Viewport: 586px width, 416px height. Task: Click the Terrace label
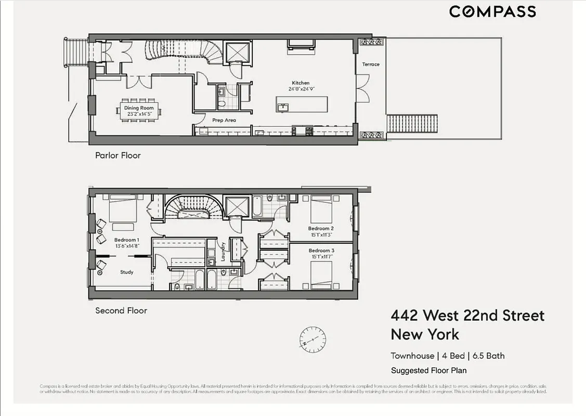point(371,64)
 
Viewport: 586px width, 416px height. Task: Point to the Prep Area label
point(224,120)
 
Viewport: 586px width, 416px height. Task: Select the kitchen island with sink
point(302,105)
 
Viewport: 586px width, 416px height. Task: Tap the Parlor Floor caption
point(118,155)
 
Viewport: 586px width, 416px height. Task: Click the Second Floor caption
point(121,310)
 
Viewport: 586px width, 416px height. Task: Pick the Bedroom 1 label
point(126,240)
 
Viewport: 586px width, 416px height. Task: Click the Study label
point(127,272)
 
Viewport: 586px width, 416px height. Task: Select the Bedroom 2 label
point(321,228)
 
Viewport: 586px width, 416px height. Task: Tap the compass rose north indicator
point(313,340)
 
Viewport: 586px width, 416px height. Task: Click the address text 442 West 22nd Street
point(467,316)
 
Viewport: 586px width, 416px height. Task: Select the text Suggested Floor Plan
point(428,371)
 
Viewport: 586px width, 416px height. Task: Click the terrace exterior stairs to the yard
point(405,124)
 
